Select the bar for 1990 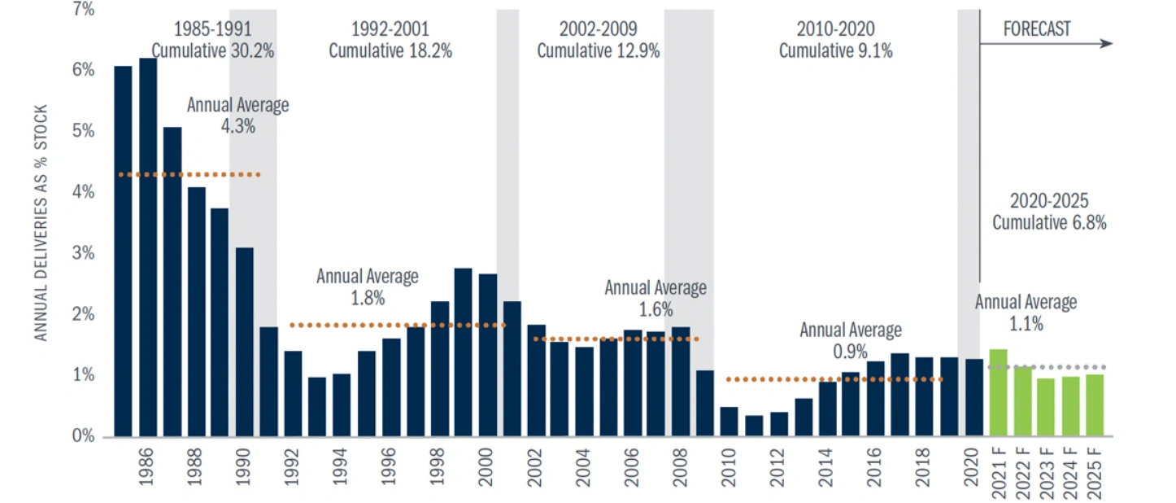point(245,342)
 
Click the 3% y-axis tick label point(83,253)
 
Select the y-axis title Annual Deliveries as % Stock point(42,223)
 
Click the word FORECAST point(1037,29)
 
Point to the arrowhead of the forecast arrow point(1107,43)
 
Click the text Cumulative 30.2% point(213,50)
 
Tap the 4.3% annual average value point(237,126)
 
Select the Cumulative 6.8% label point(1049,222)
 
